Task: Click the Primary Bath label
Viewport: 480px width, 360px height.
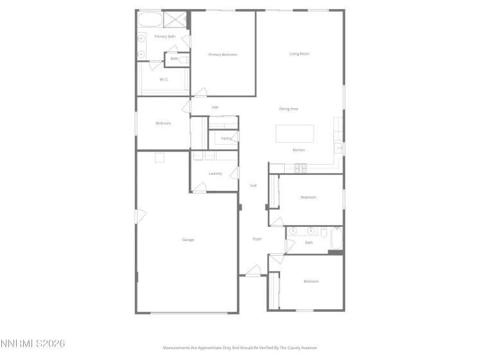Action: point(164,37)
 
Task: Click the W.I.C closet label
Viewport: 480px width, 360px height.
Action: point(164,79)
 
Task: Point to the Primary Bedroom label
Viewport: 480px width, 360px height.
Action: point(223,55)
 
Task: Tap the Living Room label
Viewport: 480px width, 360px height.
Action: point(299,54)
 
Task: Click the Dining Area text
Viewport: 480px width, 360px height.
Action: point(289,109)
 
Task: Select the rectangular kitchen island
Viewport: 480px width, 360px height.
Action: point(295,134)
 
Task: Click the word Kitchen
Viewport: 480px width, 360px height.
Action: point(299,150)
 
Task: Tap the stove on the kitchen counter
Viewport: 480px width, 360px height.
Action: point(301,168)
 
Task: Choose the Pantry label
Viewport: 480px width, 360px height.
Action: point(226,138)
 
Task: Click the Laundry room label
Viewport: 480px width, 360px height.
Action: point(215,174)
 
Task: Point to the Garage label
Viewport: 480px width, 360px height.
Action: point(188,240)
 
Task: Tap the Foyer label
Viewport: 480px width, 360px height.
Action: point(257,239)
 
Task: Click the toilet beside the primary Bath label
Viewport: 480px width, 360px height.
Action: point(183,60)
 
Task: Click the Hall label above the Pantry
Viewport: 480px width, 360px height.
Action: point(215,107)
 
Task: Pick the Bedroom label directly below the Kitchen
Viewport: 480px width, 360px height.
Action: point(308,197)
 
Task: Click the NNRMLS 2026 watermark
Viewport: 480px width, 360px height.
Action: point(33,345)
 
